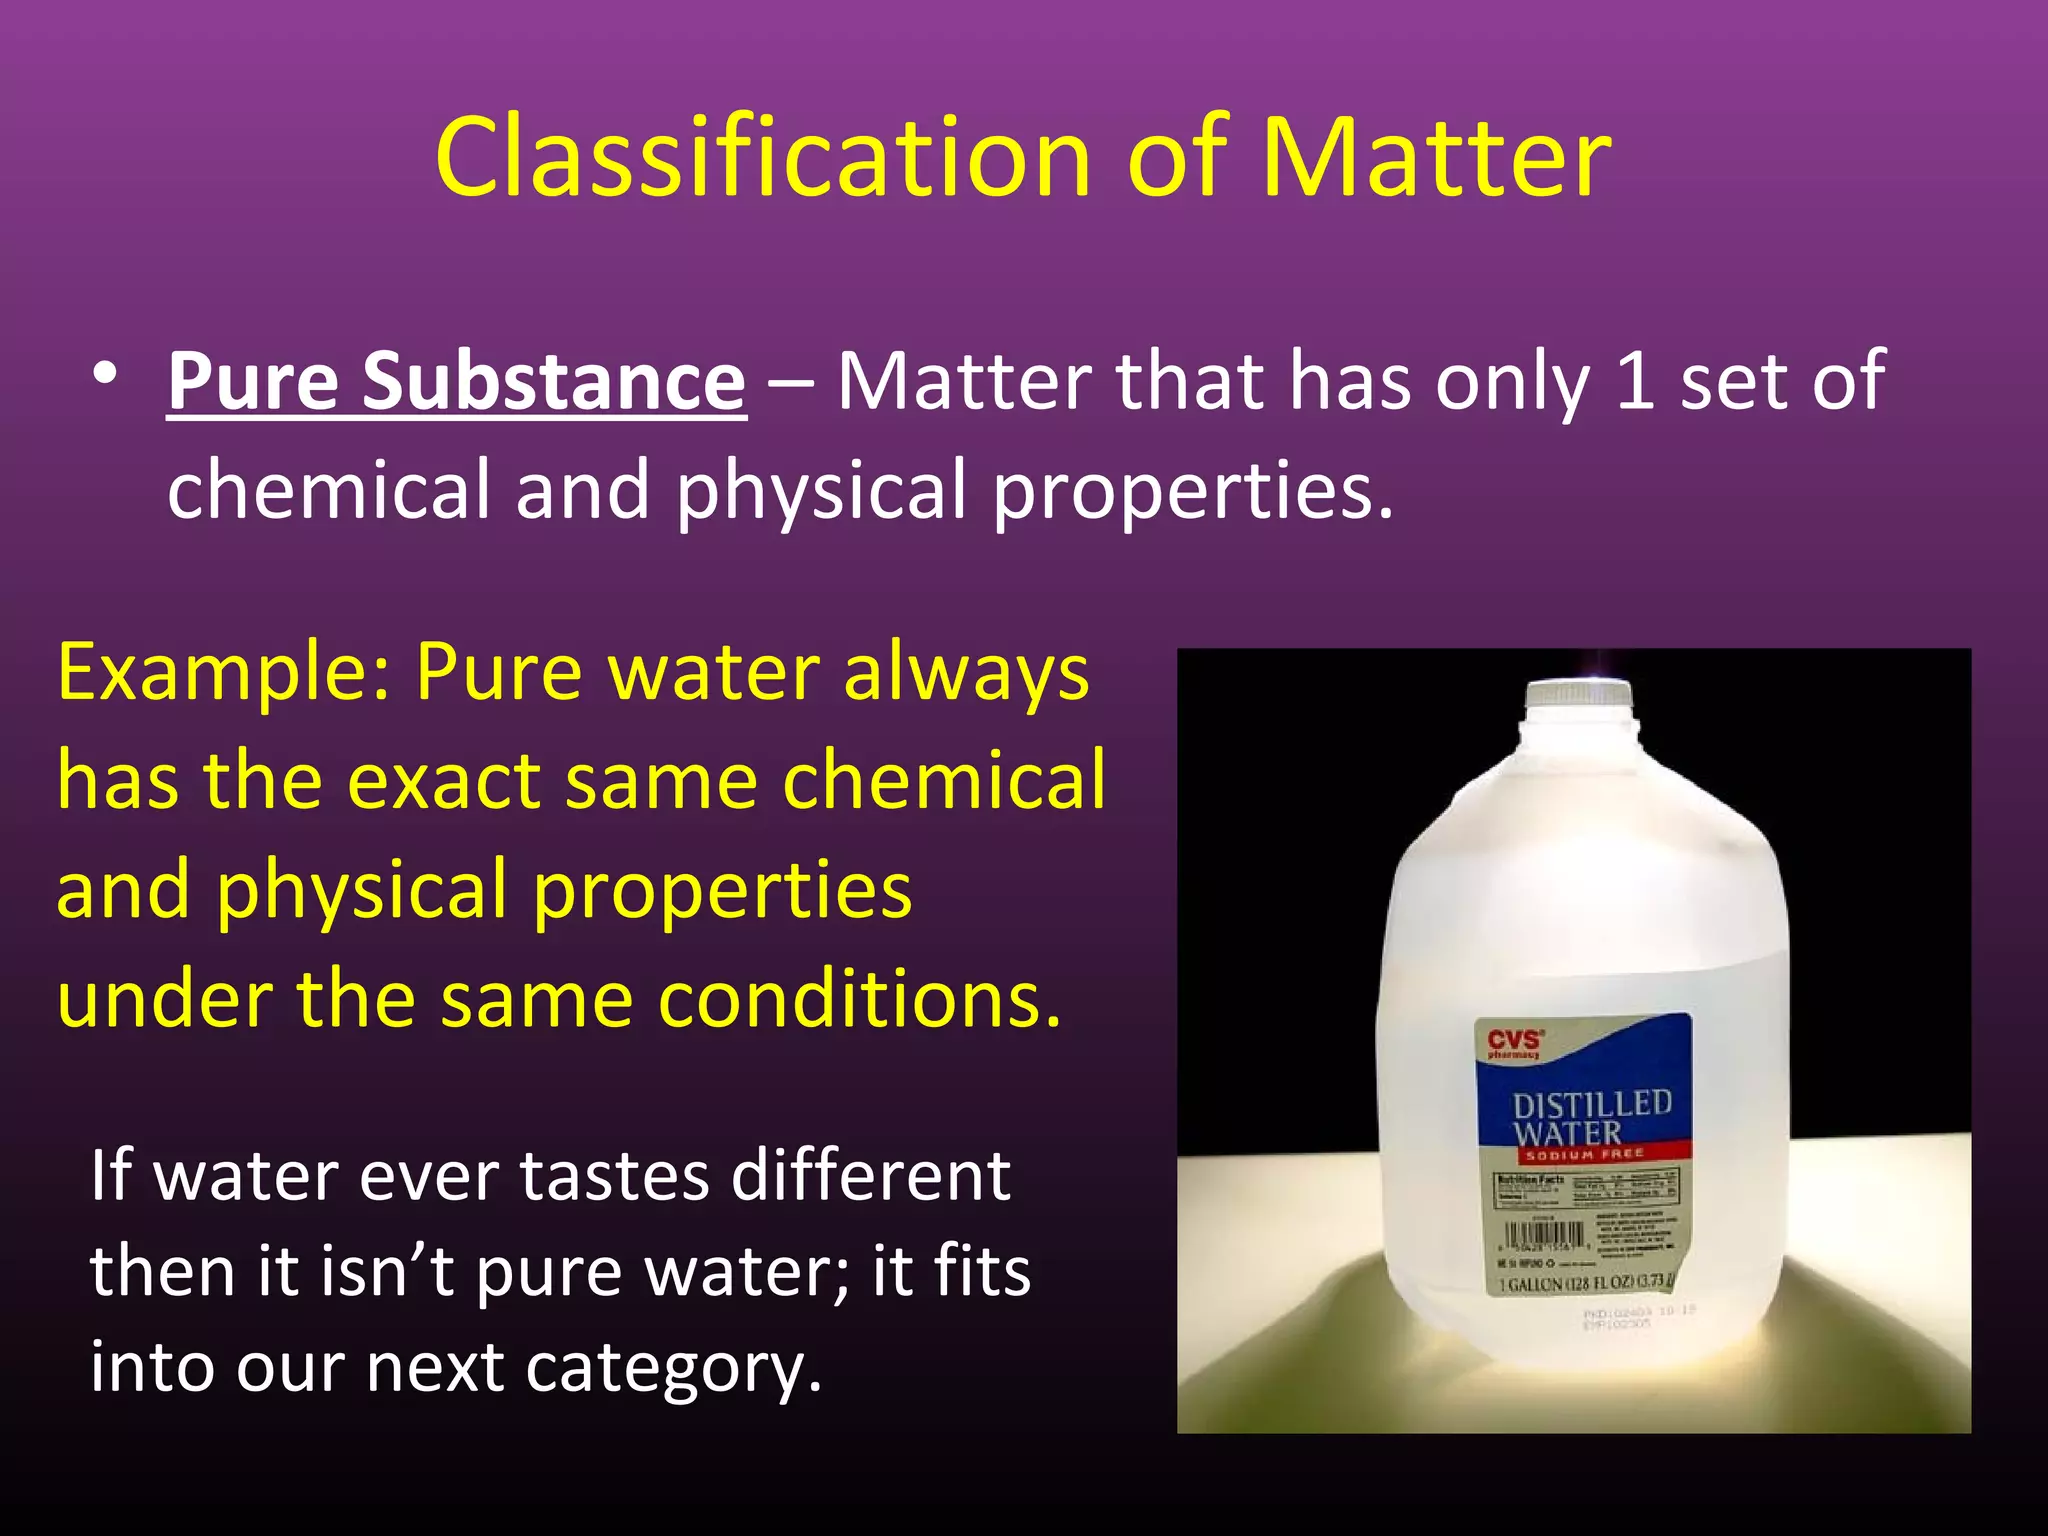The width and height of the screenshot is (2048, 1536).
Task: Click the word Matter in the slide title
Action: point(1436,158)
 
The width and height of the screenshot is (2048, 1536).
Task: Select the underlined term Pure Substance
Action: point(457,381)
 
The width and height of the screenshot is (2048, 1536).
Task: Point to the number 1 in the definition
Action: point(1634,381)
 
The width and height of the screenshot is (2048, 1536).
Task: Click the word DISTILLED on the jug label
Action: point(1591,1105)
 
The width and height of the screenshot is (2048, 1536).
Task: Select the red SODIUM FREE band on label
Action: point(1584,1154)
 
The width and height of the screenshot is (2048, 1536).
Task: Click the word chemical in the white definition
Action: point(331,490)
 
